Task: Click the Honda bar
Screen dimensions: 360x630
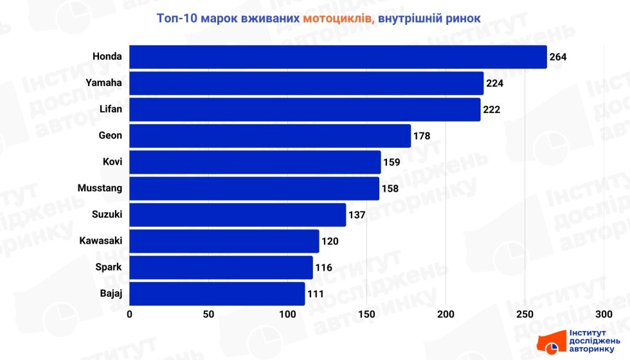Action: coord(337,57)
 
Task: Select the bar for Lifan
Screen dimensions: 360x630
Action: coord(305,109)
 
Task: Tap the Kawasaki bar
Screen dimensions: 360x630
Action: coord(224,241)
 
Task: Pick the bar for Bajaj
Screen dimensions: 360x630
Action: coord(217,294)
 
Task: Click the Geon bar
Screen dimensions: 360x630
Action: coord(270,136)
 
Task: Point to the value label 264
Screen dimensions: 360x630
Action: coord(558,57)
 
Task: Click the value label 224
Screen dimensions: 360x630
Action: coord(494,84)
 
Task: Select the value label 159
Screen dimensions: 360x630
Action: coord(392,163)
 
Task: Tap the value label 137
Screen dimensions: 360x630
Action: coord(357,215)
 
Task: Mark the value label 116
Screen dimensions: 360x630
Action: coord(323,267)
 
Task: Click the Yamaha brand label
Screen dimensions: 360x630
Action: coord(104,83)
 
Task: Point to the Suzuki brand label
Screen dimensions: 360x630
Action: coord(107,215)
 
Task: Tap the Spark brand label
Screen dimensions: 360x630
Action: coord(109,267)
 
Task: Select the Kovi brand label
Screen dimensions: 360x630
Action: coord(113,162)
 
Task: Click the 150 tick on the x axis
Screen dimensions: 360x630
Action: coord(366,314)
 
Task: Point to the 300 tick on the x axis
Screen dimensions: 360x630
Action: coord(603,314)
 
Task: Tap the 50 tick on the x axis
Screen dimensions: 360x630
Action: coord(208,314)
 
